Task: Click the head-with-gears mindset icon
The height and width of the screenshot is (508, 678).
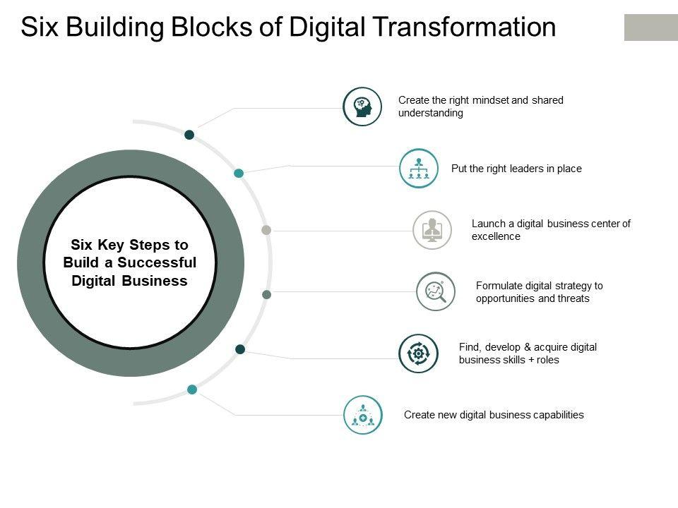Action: pyautogui.click(x=362, y=107)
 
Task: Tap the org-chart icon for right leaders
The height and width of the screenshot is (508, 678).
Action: pyautogui.click(x=419, y=169)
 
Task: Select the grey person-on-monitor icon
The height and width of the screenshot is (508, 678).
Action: pyautogui.click(x=432, y=230)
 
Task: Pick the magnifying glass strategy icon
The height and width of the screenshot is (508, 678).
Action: pyautogui.click(x=436, y=291)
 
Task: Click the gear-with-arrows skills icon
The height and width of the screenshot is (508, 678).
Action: pyautogui.click(x=418, y=353)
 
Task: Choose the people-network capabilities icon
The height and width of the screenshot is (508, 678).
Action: pyautogui.click(x=362, y=415)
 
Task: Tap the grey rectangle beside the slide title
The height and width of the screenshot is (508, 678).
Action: pyautogui.click(x=650, y=27)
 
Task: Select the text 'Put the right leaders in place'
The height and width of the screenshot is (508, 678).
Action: pyautogui.click(x=516, y=169)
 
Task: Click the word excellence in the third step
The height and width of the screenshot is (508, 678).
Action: pyautogui.click(x=496, y=237)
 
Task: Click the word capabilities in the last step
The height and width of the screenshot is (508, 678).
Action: pyautogui.click(x=553, y=415)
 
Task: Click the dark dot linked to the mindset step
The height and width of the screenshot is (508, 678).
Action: pyautogui.click(x=189, y=135)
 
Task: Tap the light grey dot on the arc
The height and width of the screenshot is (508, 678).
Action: pyautogui.click(x=266, y=230)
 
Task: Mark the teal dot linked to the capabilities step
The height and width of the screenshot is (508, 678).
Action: pyautogui.click(x=192, y=389)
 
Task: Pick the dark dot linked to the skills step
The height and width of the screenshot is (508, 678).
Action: pyautogui.click(x=240, y=349)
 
